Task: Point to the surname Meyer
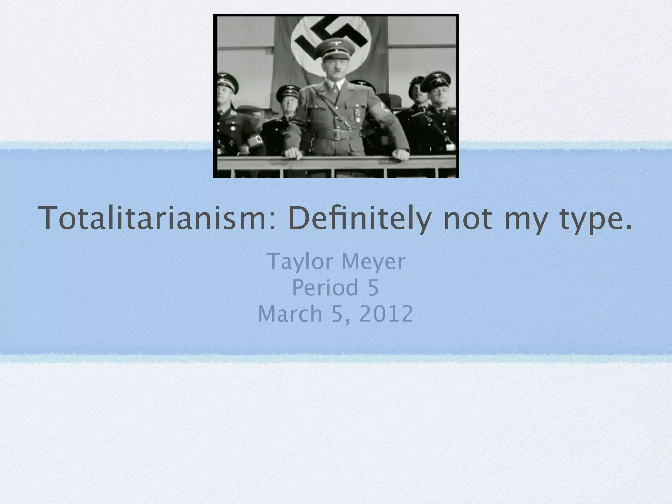373,262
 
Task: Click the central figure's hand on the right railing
401,154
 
